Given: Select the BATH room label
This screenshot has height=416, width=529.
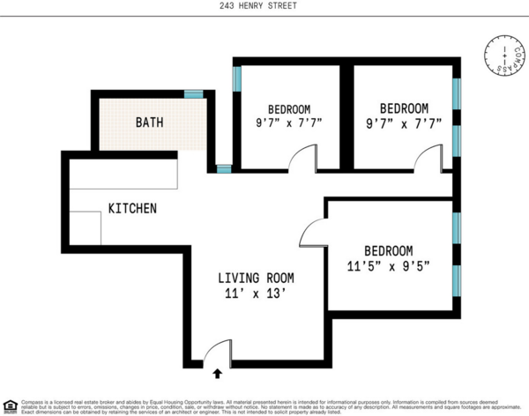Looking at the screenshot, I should coord(149,122).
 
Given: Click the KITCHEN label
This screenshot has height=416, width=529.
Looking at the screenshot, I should coord(132,209).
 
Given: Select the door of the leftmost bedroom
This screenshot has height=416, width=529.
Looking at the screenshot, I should coord(304,159).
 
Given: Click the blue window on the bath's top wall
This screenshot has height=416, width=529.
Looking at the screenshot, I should coord(193,93).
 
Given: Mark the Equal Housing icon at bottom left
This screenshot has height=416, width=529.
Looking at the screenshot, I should coord(9,406).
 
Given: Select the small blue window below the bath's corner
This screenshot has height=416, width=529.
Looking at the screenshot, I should coord(224,167).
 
